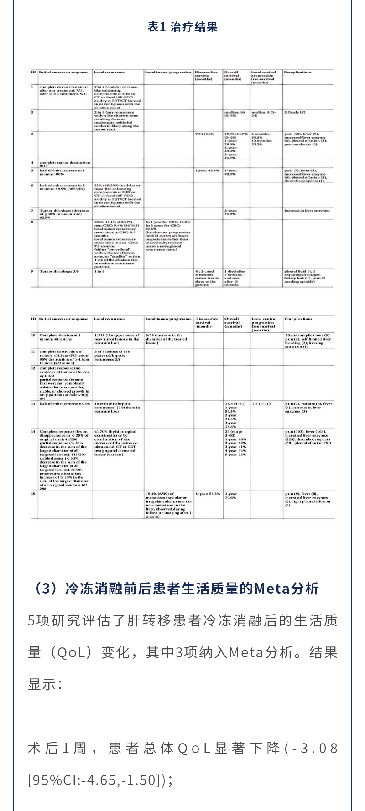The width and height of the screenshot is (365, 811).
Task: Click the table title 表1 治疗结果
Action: (182, 27)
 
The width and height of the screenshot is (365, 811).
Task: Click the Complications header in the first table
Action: (297, 72)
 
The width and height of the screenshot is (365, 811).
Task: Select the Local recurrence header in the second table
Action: (109, 319)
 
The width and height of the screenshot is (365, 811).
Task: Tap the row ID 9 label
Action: (32, 271)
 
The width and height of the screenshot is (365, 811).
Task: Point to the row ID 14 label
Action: (33, 431)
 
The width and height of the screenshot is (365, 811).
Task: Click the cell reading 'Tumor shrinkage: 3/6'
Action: (59, 271)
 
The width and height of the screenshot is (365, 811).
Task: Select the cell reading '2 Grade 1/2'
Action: (295, 112)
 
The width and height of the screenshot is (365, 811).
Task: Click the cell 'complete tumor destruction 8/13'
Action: (64, 164)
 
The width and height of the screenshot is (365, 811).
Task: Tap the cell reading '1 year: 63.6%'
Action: (208, 170)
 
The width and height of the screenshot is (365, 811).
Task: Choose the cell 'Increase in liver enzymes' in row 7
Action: (307, 211)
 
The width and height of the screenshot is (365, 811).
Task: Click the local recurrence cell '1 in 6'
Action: (99, 271)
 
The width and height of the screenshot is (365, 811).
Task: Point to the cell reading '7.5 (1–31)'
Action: (261, 404)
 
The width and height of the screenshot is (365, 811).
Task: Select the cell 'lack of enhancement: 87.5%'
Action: (64, 404)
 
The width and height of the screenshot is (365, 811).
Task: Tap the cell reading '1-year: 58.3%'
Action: (208, 494)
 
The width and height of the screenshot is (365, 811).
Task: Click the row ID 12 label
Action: (33, 368)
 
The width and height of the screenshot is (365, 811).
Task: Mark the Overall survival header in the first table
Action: (231, 75)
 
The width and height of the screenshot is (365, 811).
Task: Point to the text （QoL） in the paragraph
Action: (71, 652)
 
